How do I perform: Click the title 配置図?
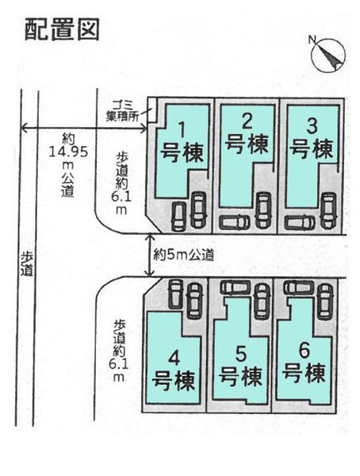pyautogui.click(x=62, y=30)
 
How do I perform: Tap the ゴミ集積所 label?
pyautogui.click(x=123, y=111)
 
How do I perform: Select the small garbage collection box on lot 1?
pyautogui.click(x=151, y=110)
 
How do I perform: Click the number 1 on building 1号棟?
pyautogui.click(x=182, y=130)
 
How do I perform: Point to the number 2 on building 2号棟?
pyautogui.click(x=247, y=122)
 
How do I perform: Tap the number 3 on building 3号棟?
pyautogui.click(x=312, y=126)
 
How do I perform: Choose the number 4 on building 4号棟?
pyautogui.click(x=174, y=359)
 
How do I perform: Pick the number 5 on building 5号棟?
pyautogui.click(x=241, y=354)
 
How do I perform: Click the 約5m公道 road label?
pyautogui.click(x=184, y=255)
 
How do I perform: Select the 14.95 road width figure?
pyautogui.click(x=69, y=152)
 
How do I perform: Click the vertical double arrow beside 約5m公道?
pyautogui.click(x=149, y=255)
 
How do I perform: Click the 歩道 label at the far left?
pyautogui.click(x=27, y=264)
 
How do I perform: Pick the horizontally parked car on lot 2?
pyautogui.click(x=235, y=222)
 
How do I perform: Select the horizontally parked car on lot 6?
pyautogui.click(x=299, y=287)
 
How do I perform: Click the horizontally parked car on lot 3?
pyautogui.click(x=300, y=223)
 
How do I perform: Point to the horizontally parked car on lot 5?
pyautogui.click(x=236, y=287)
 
